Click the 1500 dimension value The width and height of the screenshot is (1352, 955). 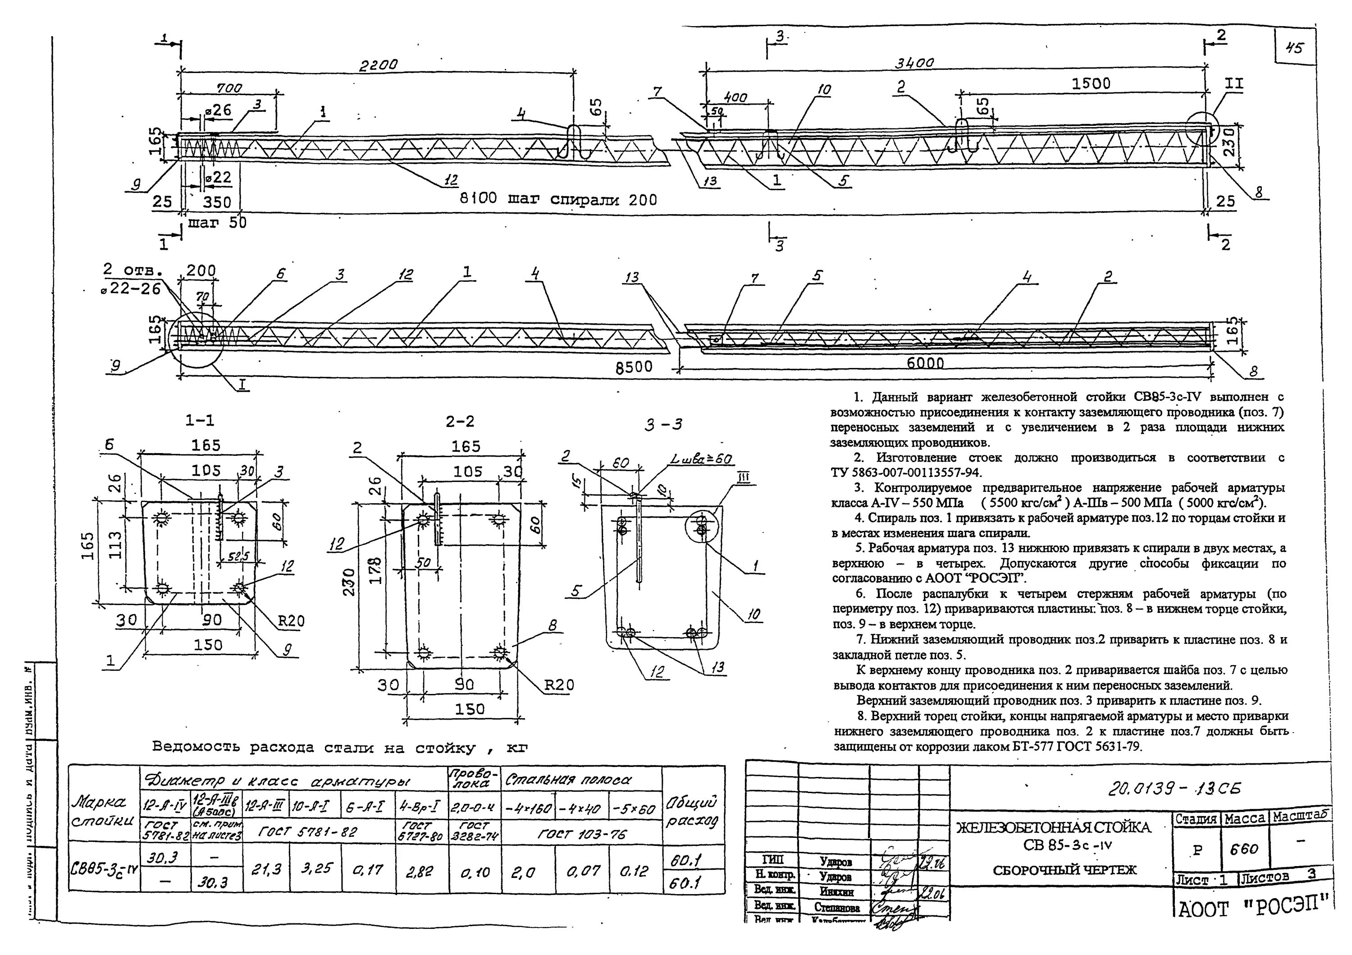tap(1091, 84)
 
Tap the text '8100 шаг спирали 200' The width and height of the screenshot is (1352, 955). tap(557, 200)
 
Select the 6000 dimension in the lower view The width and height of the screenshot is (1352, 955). tap(925, 363)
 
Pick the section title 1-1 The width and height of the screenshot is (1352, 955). tap(200, 420)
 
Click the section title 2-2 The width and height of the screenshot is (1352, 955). tap(460, 421)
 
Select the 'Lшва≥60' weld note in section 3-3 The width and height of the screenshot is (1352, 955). tap(698, 459)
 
